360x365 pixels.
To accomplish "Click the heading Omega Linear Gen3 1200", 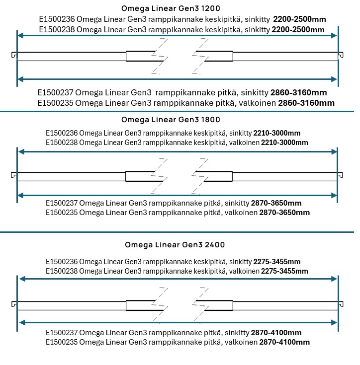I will pyautogui.click(x=171, y=8).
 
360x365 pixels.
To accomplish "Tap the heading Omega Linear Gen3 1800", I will pyautogui.click(x=171, y=120).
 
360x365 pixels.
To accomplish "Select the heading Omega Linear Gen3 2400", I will pyautogui.click(x=175, y=245).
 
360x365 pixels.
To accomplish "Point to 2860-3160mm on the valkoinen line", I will pyautogui.click(x=306, y=103).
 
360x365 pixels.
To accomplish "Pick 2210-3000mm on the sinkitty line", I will pyautogui.click(x=276, y=133).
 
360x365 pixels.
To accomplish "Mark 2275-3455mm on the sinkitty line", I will pyautogui.click(x=276, y=262).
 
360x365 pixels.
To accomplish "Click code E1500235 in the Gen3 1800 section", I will pyautogui.click(x=61, y=213).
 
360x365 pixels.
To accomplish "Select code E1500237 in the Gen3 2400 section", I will pyautogui.click(x=61, y=333).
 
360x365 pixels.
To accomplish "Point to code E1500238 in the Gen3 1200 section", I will pyautogui.click(x=57, y=30).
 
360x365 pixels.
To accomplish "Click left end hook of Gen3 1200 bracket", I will pyautogui.click(x=13, y=55).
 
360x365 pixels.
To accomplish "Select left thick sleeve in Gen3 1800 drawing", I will pyautogui.click(x=140, y=176).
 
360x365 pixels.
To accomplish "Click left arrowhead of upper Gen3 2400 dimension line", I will pyautogui.click(x=21, y=279).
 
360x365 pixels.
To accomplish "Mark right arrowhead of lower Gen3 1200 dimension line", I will pyautogui.click(x=335, y=79).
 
